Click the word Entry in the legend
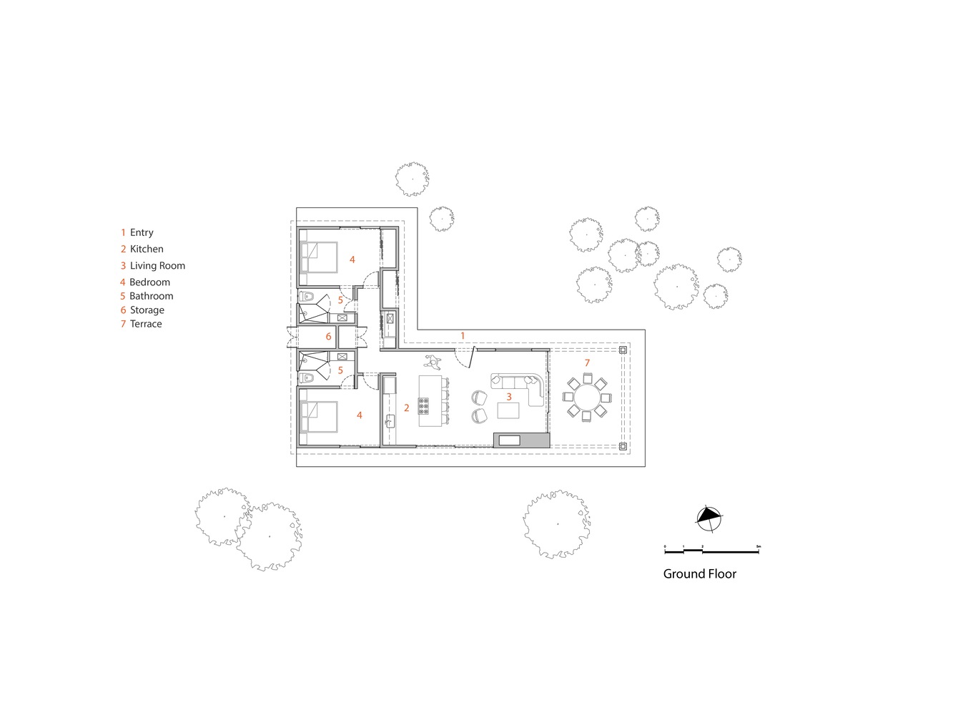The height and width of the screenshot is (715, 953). pos(142,232)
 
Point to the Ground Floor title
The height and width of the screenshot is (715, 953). pos(699,574)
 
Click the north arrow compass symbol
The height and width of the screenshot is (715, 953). pos(708,518)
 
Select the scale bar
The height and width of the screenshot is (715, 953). pos(711,551)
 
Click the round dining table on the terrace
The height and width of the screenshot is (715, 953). pos(586,398)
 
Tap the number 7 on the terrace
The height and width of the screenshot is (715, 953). pos(587,363)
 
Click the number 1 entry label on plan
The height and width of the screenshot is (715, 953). pos(463,335)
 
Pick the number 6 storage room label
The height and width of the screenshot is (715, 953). pos(328,337)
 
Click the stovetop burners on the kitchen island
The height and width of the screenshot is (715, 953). pos(423,405)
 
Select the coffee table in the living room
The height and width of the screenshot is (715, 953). pos(508,410)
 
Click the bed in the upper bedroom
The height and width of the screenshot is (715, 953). pos(318,257)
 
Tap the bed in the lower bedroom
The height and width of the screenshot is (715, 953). pos(318,417)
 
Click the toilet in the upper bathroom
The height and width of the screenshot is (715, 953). pos(307,297)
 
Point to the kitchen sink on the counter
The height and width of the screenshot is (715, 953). pos(390,420)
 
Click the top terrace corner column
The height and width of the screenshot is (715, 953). pos(623,350)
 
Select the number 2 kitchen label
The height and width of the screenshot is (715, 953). pos(406,408)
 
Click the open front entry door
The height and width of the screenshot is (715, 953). pos(473,357)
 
